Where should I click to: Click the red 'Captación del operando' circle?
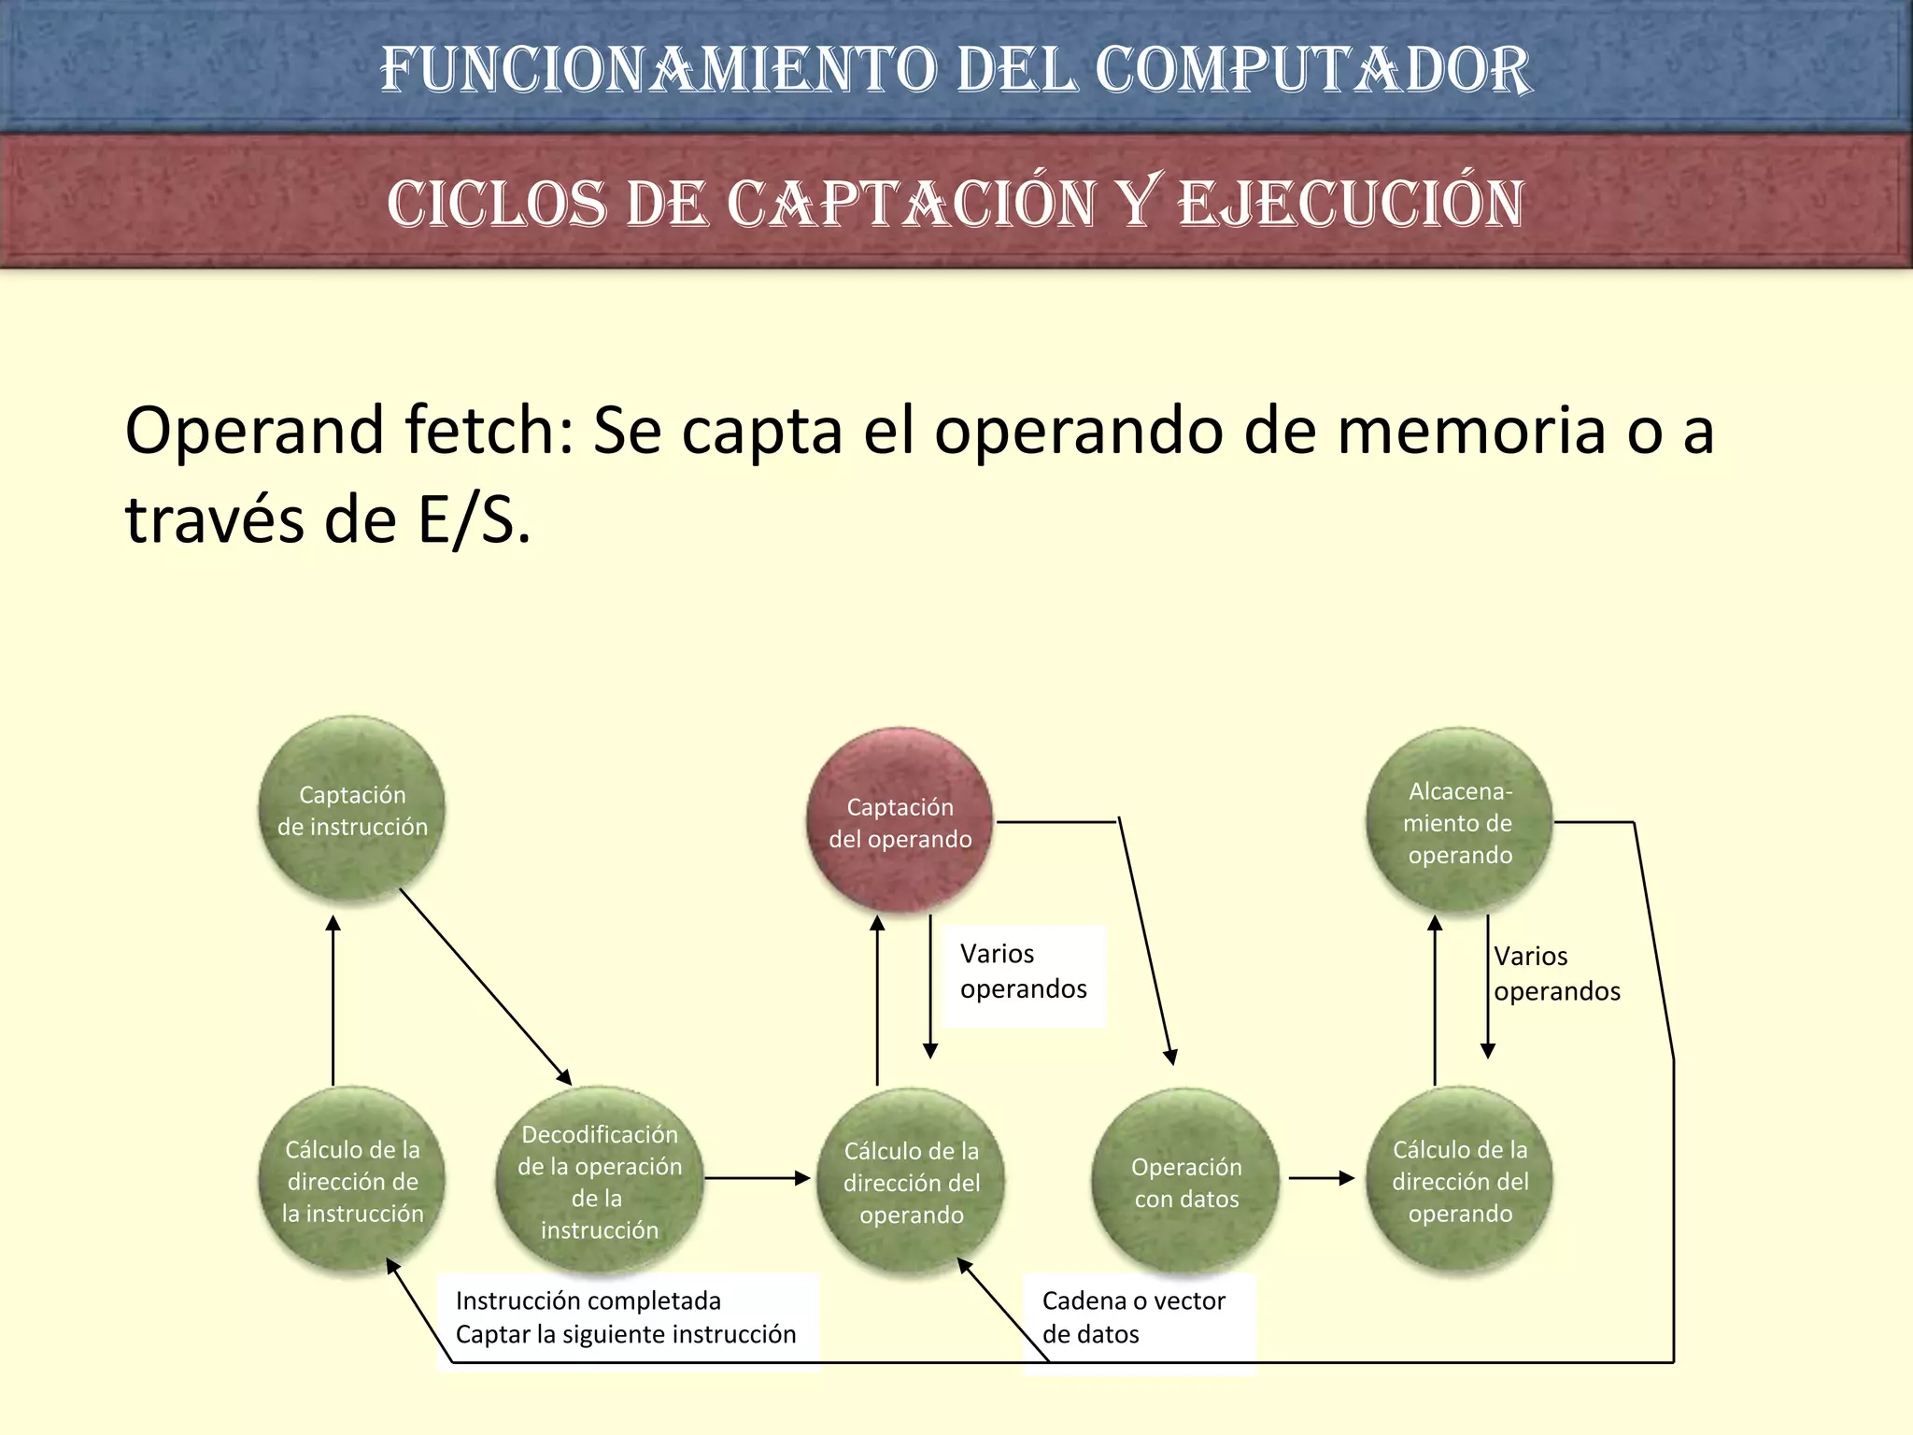(900, 821)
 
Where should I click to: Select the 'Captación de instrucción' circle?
(352, 809)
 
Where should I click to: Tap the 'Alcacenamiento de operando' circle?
(1459, 821)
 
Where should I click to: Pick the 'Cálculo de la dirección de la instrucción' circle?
(352, 1180)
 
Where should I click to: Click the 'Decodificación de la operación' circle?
(599, 1180)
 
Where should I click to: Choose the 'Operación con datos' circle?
(1186, 1182)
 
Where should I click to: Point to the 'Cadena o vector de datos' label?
(1133, 1316)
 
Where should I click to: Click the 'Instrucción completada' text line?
(588, 1300)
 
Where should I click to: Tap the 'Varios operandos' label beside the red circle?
(1023, 972)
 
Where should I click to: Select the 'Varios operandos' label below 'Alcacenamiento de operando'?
(1556, 973)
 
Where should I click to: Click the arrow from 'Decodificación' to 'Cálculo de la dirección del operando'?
(757, 1178)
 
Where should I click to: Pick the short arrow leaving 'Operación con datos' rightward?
(1321, 1178)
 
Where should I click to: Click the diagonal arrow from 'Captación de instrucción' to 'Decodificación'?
(485, 986)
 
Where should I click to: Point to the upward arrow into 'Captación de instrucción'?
(333, 1000)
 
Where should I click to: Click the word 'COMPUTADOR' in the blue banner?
(1311, 70)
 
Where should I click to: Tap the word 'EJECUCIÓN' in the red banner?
(1351, 203)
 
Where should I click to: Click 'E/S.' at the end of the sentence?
(475, 519)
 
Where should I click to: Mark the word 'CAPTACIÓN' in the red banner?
(912, 203)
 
